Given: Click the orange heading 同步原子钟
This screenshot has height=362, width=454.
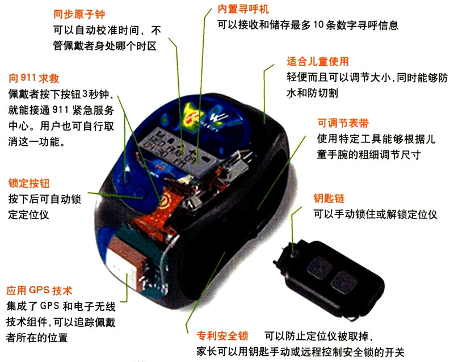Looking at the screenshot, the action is click(x=79, y=14).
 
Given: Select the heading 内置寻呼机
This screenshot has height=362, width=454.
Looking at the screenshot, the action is click(x=243, y=9).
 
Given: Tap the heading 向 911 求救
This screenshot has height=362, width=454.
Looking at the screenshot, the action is click(x=34, y=78).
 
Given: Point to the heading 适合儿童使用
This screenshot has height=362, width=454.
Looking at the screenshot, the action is click(x=318, y=61).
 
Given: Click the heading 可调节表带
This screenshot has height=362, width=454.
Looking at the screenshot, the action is click(x=343, y=123).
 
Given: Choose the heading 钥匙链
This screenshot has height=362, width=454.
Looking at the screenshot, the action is click(x=329, y=199).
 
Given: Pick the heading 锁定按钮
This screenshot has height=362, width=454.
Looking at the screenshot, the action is click(x=29, y=183).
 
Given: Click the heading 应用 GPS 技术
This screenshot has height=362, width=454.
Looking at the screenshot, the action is click(x=39, y=290).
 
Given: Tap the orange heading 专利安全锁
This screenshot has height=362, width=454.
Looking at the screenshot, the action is click(x=222, y=336).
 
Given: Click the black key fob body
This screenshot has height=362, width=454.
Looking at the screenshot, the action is click(x=330, y=278).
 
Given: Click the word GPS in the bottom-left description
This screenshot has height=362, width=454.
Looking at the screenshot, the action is click(x=49, y=306).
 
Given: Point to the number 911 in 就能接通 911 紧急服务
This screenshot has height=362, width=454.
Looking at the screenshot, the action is click(x=61, y=110).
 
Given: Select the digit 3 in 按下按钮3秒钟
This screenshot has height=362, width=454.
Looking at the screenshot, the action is click(x=85, y=94).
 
